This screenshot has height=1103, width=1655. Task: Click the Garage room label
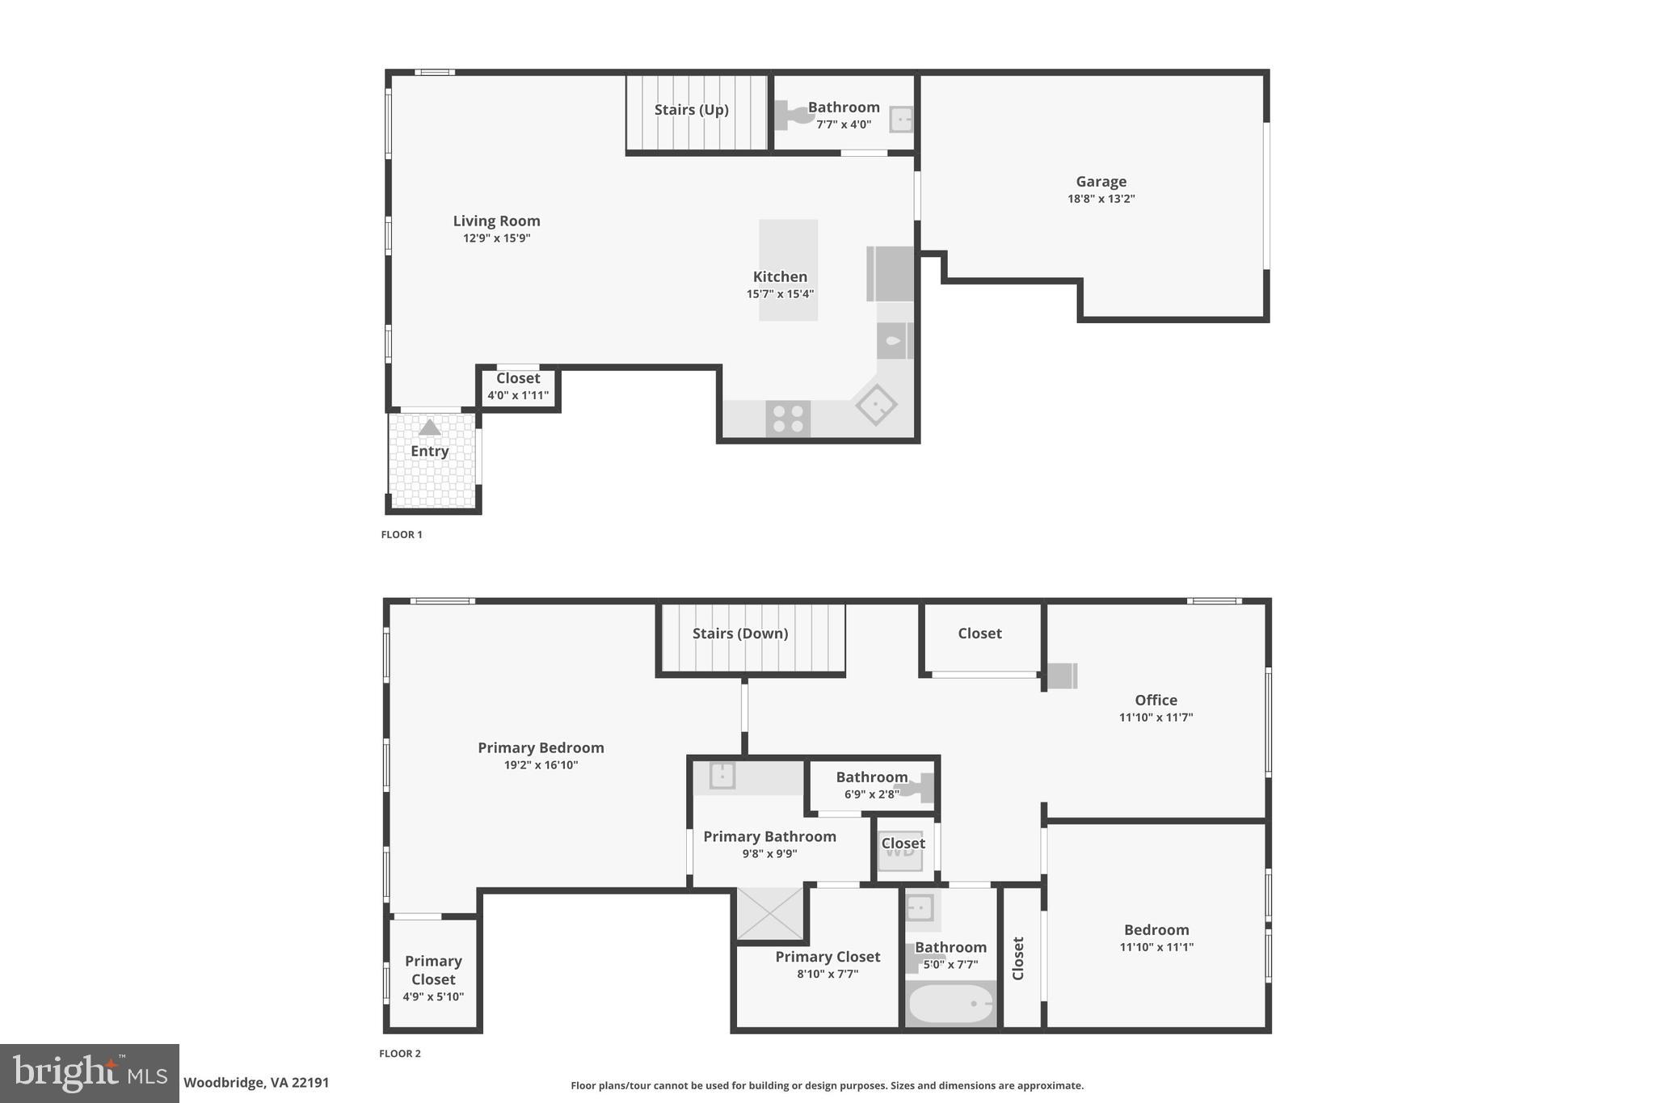click(x=1101, y=182)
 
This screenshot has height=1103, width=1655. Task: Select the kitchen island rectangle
click(x=788, y=270)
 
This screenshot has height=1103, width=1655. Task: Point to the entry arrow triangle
click(x=429, y=427)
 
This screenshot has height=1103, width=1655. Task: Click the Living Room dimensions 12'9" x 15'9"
click(x=496, y=238)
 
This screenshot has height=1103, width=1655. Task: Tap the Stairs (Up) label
click(x=691, y=110)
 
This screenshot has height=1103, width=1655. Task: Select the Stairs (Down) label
click(x=740, y=634)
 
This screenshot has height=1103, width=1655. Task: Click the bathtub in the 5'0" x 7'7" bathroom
click(x=950, y=1004)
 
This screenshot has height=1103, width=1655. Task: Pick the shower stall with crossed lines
click(x=770, y=914)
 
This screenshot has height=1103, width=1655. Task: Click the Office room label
click(x=1156, y=701)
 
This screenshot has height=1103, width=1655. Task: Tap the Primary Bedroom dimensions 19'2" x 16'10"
click(x=541, y=765)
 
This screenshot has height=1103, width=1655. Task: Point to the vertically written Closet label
click(x=1018, y=958)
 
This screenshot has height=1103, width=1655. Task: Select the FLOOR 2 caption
click(x=400, y=1054)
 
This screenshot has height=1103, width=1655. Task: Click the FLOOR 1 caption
click(x=402, y=535)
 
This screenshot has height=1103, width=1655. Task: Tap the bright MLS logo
click(x=89, y=1073)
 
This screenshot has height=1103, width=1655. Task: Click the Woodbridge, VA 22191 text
click(x=256, y=1083)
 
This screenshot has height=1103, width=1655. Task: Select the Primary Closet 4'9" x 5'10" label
click(x=433, y=978)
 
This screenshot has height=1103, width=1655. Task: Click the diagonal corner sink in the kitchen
click(x=876, y=404)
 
